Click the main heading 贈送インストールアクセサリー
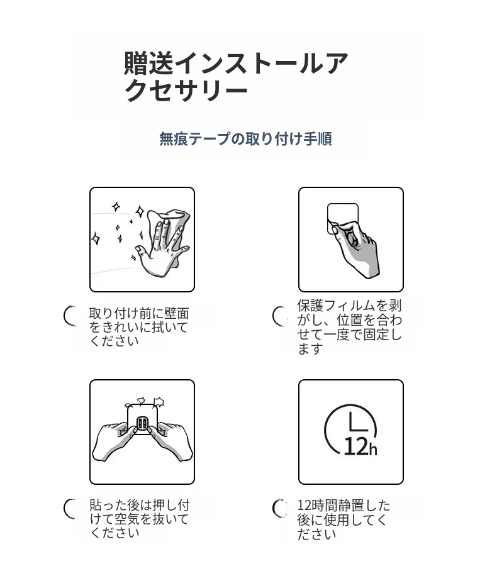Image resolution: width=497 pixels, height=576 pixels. click(x=235, y=77)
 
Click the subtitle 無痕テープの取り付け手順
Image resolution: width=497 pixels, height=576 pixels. click(x=245, y=139)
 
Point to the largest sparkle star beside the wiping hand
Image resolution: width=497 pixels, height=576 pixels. click(x=140, y=212)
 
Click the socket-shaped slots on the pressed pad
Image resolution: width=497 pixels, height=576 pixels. click(x=143, y=424)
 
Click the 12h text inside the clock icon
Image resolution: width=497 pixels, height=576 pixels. click(x=360, y=446)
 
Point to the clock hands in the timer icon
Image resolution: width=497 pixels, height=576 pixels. click(x=357, y=423)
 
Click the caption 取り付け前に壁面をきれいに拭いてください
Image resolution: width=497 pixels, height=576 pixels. click(x=139, y=327)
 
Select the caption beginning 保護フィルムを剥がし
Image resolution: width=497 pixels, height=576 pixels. click(x=349, y=327)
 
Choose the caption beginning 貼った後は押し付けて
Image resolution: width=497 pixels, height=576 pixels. click(x=140, y=519)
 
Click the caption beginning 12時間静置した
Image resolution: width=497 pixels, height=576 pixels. click(x=343, y=519)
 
